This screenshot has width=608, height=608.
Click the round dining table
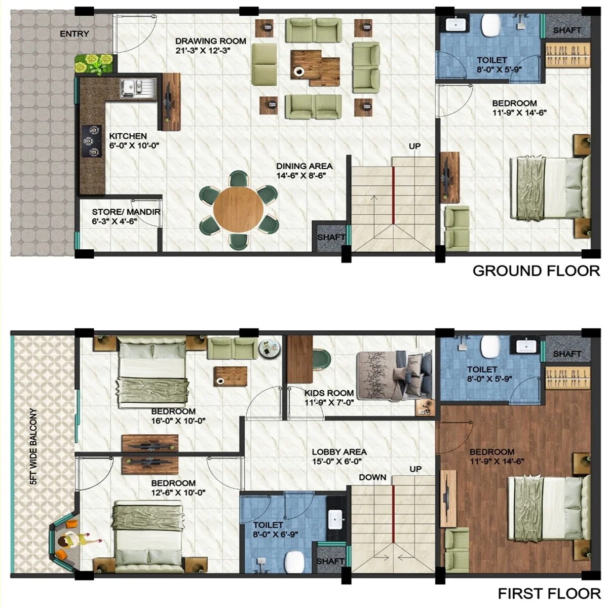[x=238, y=210]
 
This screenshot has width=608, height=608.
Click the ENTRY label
[x=74, y=34]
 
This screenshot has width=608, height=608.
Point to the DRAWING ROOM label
[x=211, y=41]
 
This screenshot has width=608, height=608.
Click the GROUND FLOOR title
[x=536, y=271]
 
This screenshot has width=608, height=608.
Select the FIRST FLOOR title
[x=549, y=593]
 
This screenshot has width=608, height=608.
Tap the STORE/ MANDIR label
[x=126, y=212]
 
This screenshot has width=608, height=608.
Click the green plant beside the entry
[x=94, y=63]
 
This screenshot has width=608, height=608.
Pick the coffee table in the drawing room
[x=315, y=65]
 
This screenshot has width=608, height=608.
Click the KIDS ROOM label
[x=329, y=393]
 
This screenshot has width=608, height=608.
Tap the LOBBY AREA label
[x=339, y=452]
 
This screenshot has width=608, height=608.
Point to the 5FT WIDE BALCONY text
[x=33, y=447]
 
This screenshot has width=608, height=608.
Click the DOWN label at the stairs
[x=372, y=477]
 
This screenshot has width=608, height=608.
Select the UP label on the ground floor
[x=414, y=146]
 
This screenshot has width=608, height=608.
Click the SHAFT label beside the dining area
[x=331, y=237]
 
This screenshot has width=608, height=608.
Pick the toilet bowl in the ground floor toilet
[x=490, y=26]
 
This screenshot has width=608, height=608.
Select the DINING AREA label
[x=304, y=166]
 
